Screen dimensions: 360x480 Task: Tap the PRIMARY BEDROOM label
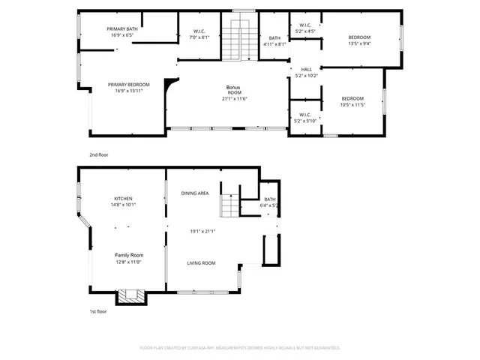[x=128, y=85]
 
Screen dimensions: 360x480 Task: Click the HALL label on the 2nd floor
[x=306, y=69]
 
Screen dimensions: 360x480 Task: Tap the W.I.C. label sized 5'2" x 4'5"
[x=304, y=25]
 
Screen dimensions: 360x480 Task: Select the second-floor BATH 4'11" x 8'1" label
[x=275, y=38]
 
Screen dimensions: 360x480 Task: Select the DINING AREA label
[x=195, y=193]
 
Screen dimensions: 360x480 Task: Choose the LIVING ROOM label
[x=201, y=263]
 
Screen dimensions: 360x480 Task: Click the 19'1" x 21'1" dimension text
[x=202, y=231]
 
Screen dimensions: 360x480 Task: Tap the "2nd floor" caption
[x=98, y=154]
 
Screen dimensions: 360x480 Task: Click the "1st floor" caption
[x=97, y=310]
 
